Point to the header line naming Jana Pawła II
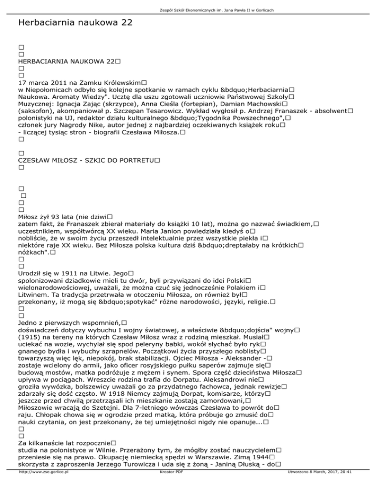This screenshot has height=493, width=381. [x=190, y=10]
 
